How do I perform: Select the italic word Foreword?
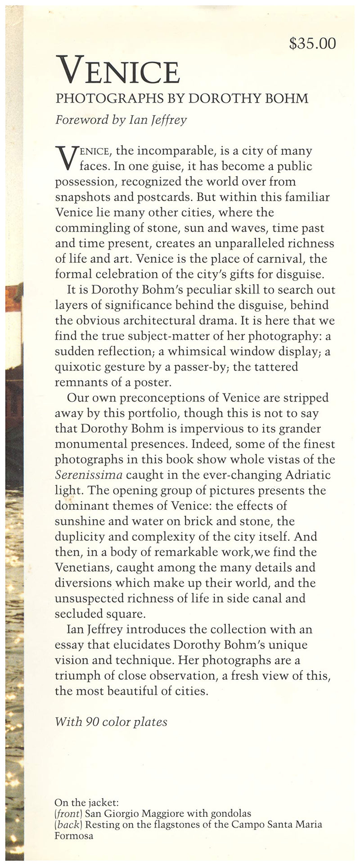[x=76, y=120]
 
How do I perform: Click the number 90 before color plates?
[x=92, y=722]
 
